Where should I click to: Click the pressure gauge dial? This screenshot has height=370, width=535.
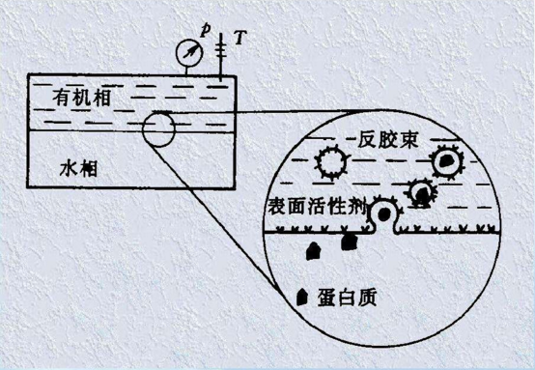coord(189,51)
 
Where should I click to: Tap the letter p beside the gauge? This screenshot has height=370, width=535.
coord(204,30)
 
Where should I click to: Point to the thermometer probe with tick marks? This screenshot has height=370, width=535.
coord(223,54)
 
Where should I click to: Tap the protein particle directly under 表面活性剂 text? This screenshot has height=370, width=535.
coord(313,251)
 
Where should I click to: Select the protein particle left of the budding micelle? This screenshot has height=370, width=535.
coord(349,243)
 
